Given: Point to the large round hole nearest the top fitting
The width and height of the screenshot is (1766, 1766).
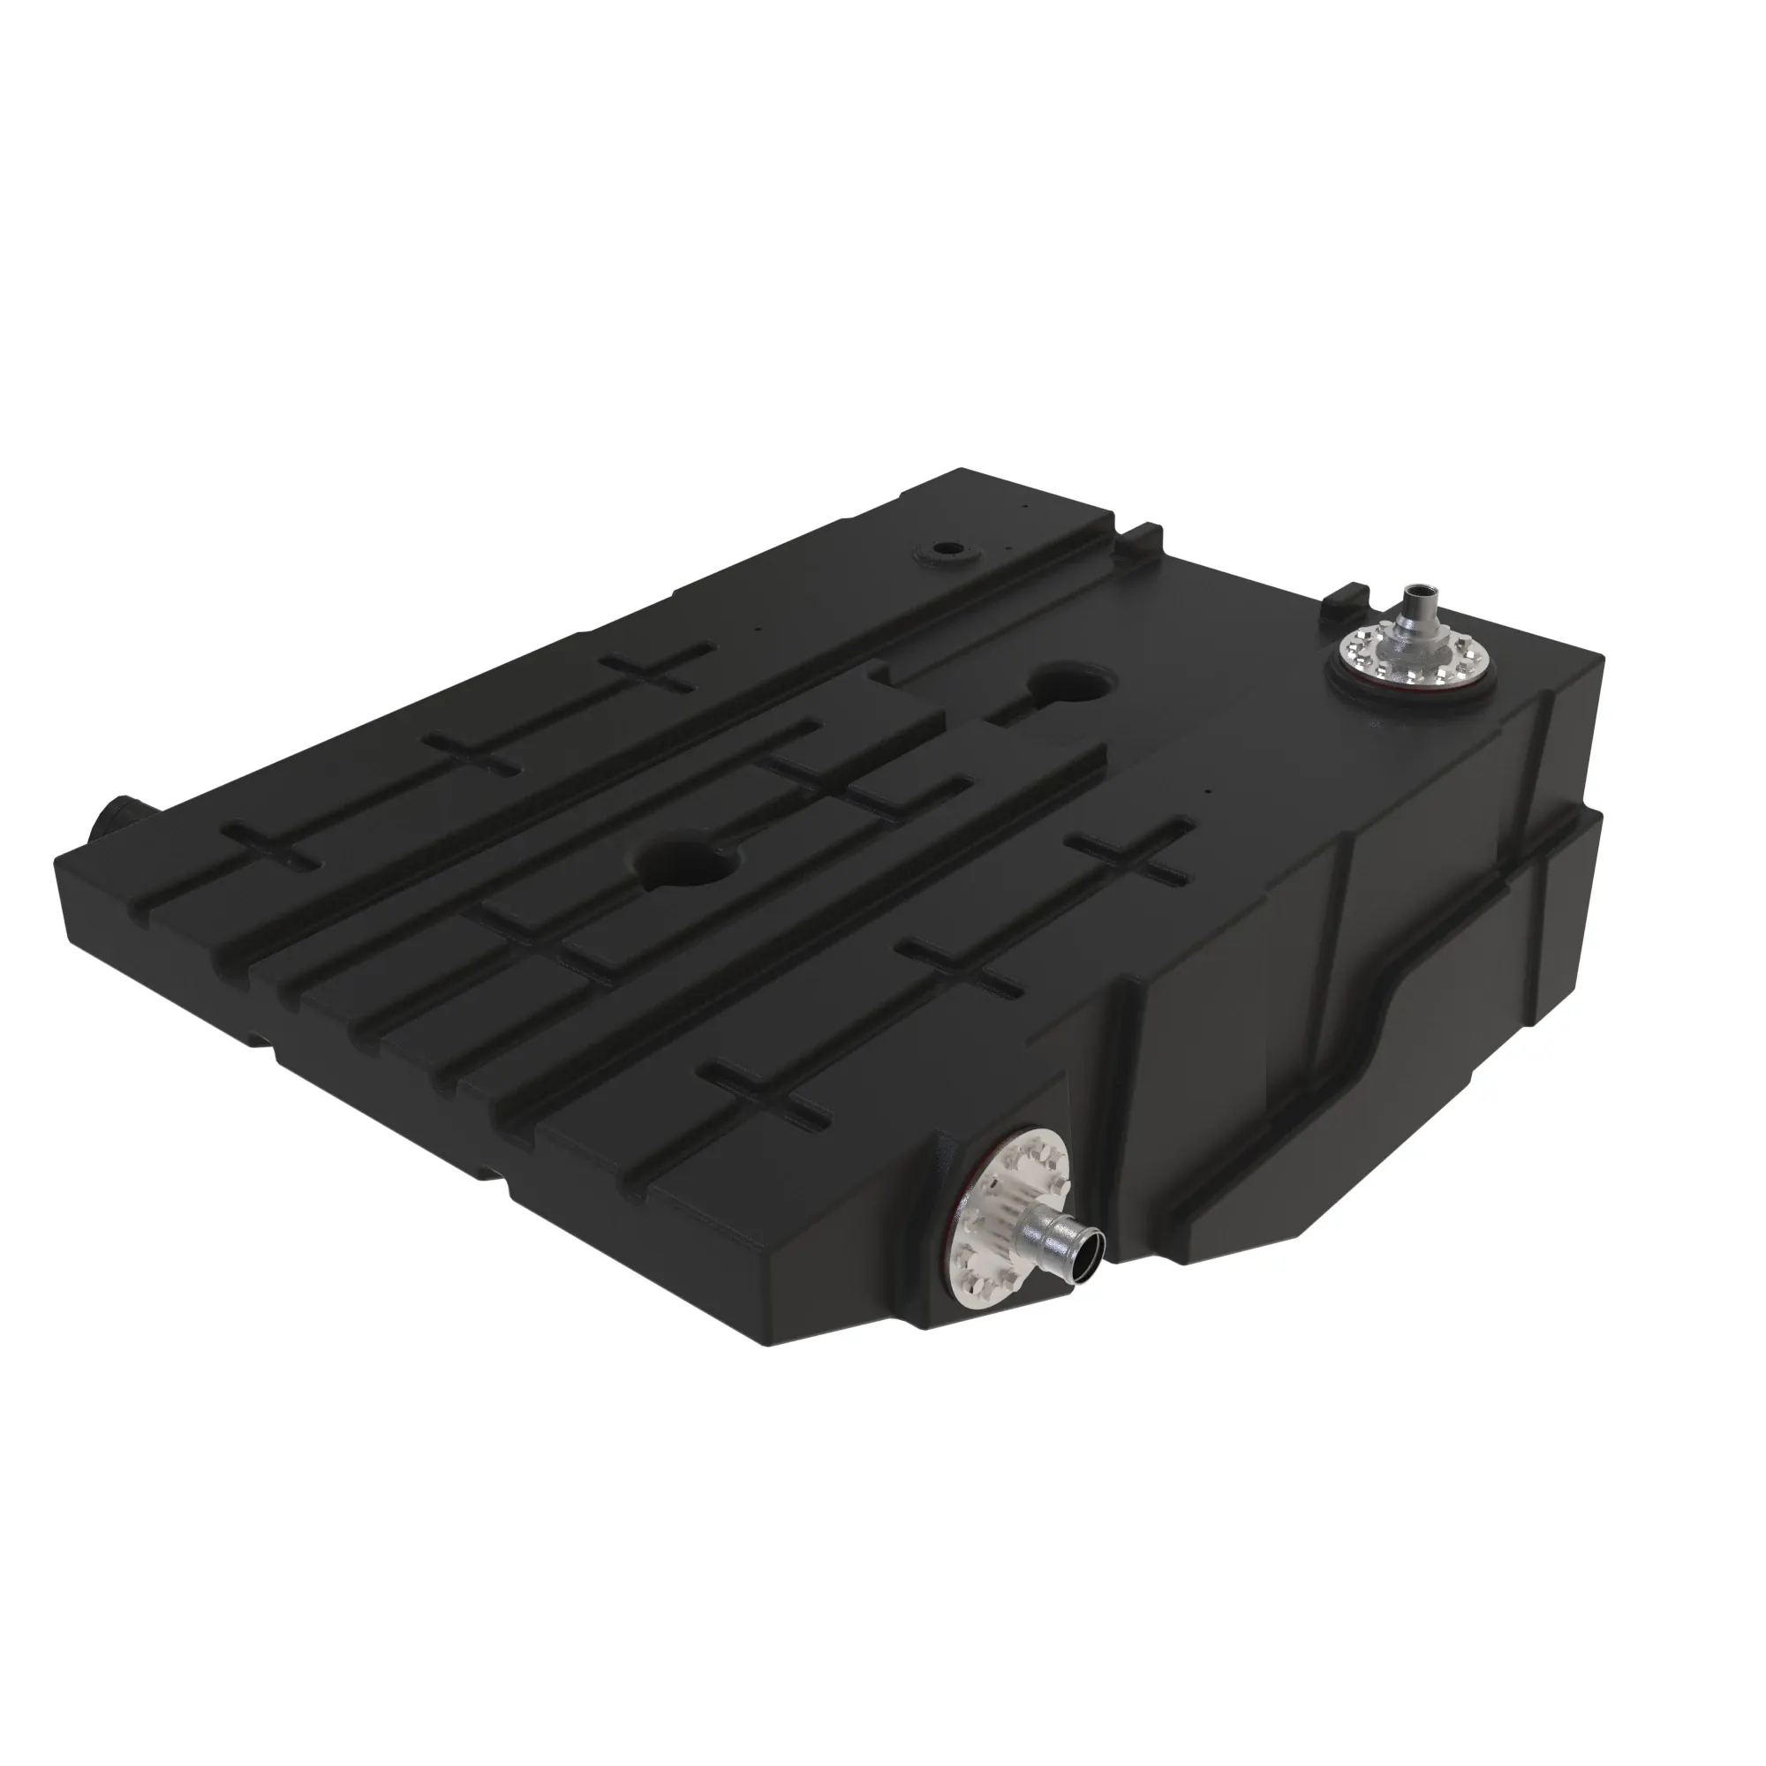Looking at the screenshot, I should coord(1070,682).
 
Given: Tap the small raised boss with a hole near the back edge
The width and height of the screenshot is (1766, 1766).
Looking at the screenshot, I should coord(945,553).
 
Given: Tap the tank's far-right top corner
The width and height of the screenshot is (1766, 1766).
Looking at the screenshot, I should coord(1602,654).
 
